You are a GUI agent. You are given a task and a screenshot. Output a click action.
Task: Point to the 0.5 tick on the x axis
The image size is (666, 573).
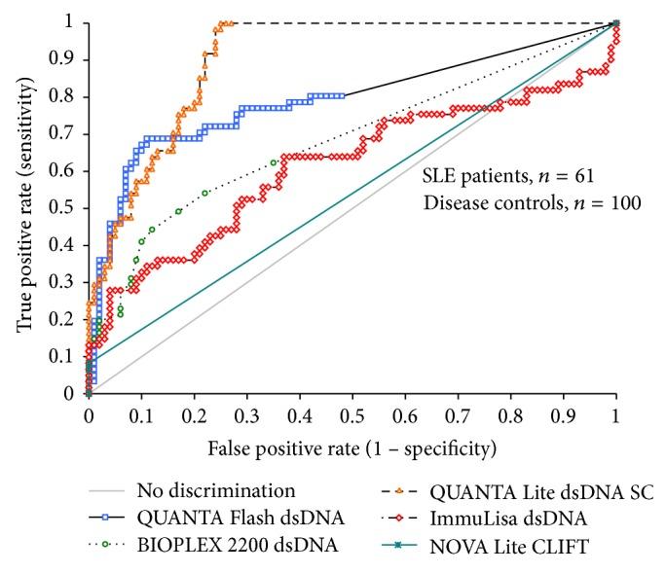(x=351, y=413)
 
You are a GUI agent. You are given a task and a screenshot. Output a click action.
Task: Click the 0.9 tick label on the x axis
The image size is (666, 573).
(x=563, y=413)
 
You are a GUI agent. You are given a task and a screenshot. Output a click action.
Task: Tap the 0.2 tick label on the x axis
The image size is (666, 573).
(x=193, y=413)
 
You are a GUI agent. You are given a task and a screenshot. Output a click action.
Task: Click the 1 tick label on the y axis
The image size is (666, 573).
(x=70, y=23)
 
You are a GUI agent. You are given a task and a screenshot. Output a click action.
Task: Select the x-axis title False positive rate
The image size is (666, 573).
(x=351, y=449)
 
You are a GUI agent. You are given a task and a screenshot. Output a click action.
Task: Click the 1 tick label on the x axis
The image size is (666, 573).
(x=615, y=413)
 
